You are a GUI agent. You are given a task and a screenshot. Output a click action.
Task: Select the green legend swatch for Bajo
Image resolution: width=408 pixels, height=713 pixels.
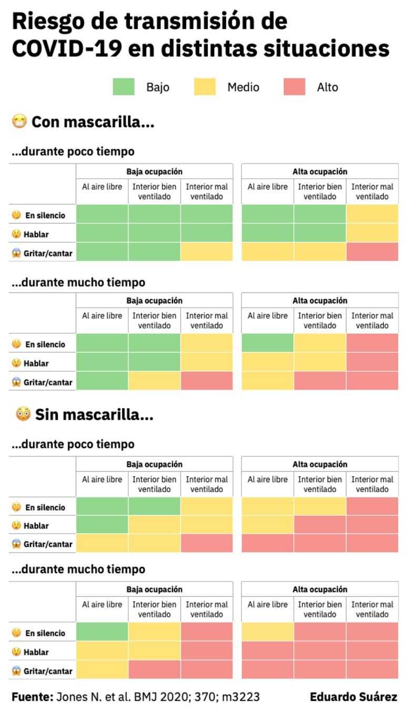(124, 87)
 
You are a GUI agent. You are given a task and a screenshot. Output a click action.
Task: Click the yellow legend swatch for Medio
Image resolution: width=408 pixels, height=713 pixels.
(205, 87)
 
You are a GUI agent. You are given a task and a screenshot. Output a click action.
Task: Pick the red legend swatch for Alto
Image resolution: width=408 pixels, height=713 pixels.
(294, 87)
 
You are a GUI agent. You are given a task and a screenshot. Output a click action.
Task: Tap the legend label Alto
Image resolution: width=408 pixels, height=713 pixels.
(327, 87)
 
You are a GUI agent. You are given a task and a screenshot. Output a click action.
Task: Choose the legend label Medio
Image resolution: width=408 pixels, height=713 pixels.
(243, 87)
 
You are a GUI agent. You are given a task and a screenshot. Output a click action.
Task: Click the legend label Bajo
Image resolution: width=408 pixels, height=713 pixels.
(158, 87)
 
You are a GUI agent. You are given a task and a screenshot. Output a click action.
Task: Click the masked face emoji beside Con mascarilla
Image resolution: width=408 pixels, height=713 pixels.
(20, 122)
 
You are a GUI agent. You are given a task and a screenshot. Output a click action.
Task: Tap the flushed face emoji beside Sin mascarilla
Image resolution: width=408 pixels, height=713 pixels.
(23, 415)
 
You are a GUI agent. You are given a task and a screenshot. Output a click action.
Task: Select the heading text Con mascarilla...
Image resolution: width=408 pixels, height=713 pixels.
(93, 123)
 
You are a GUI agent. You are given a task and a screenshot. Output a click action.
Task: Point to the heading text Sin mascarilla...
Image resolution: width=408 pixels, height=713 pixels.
(94, 415)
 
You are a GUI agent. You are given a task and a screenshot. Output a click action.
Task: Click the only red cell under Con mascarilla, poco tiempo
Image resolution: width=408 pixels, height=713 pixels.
(372, 251)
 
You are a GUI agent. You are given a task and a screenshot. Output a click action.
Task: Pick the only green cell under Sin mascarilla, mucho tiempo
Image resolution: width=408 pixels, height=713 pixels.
(102, 631)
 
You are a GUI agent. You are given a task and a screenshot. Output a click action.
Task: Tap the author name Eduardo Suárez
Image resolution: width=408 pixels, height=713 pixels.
(353, 697)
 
